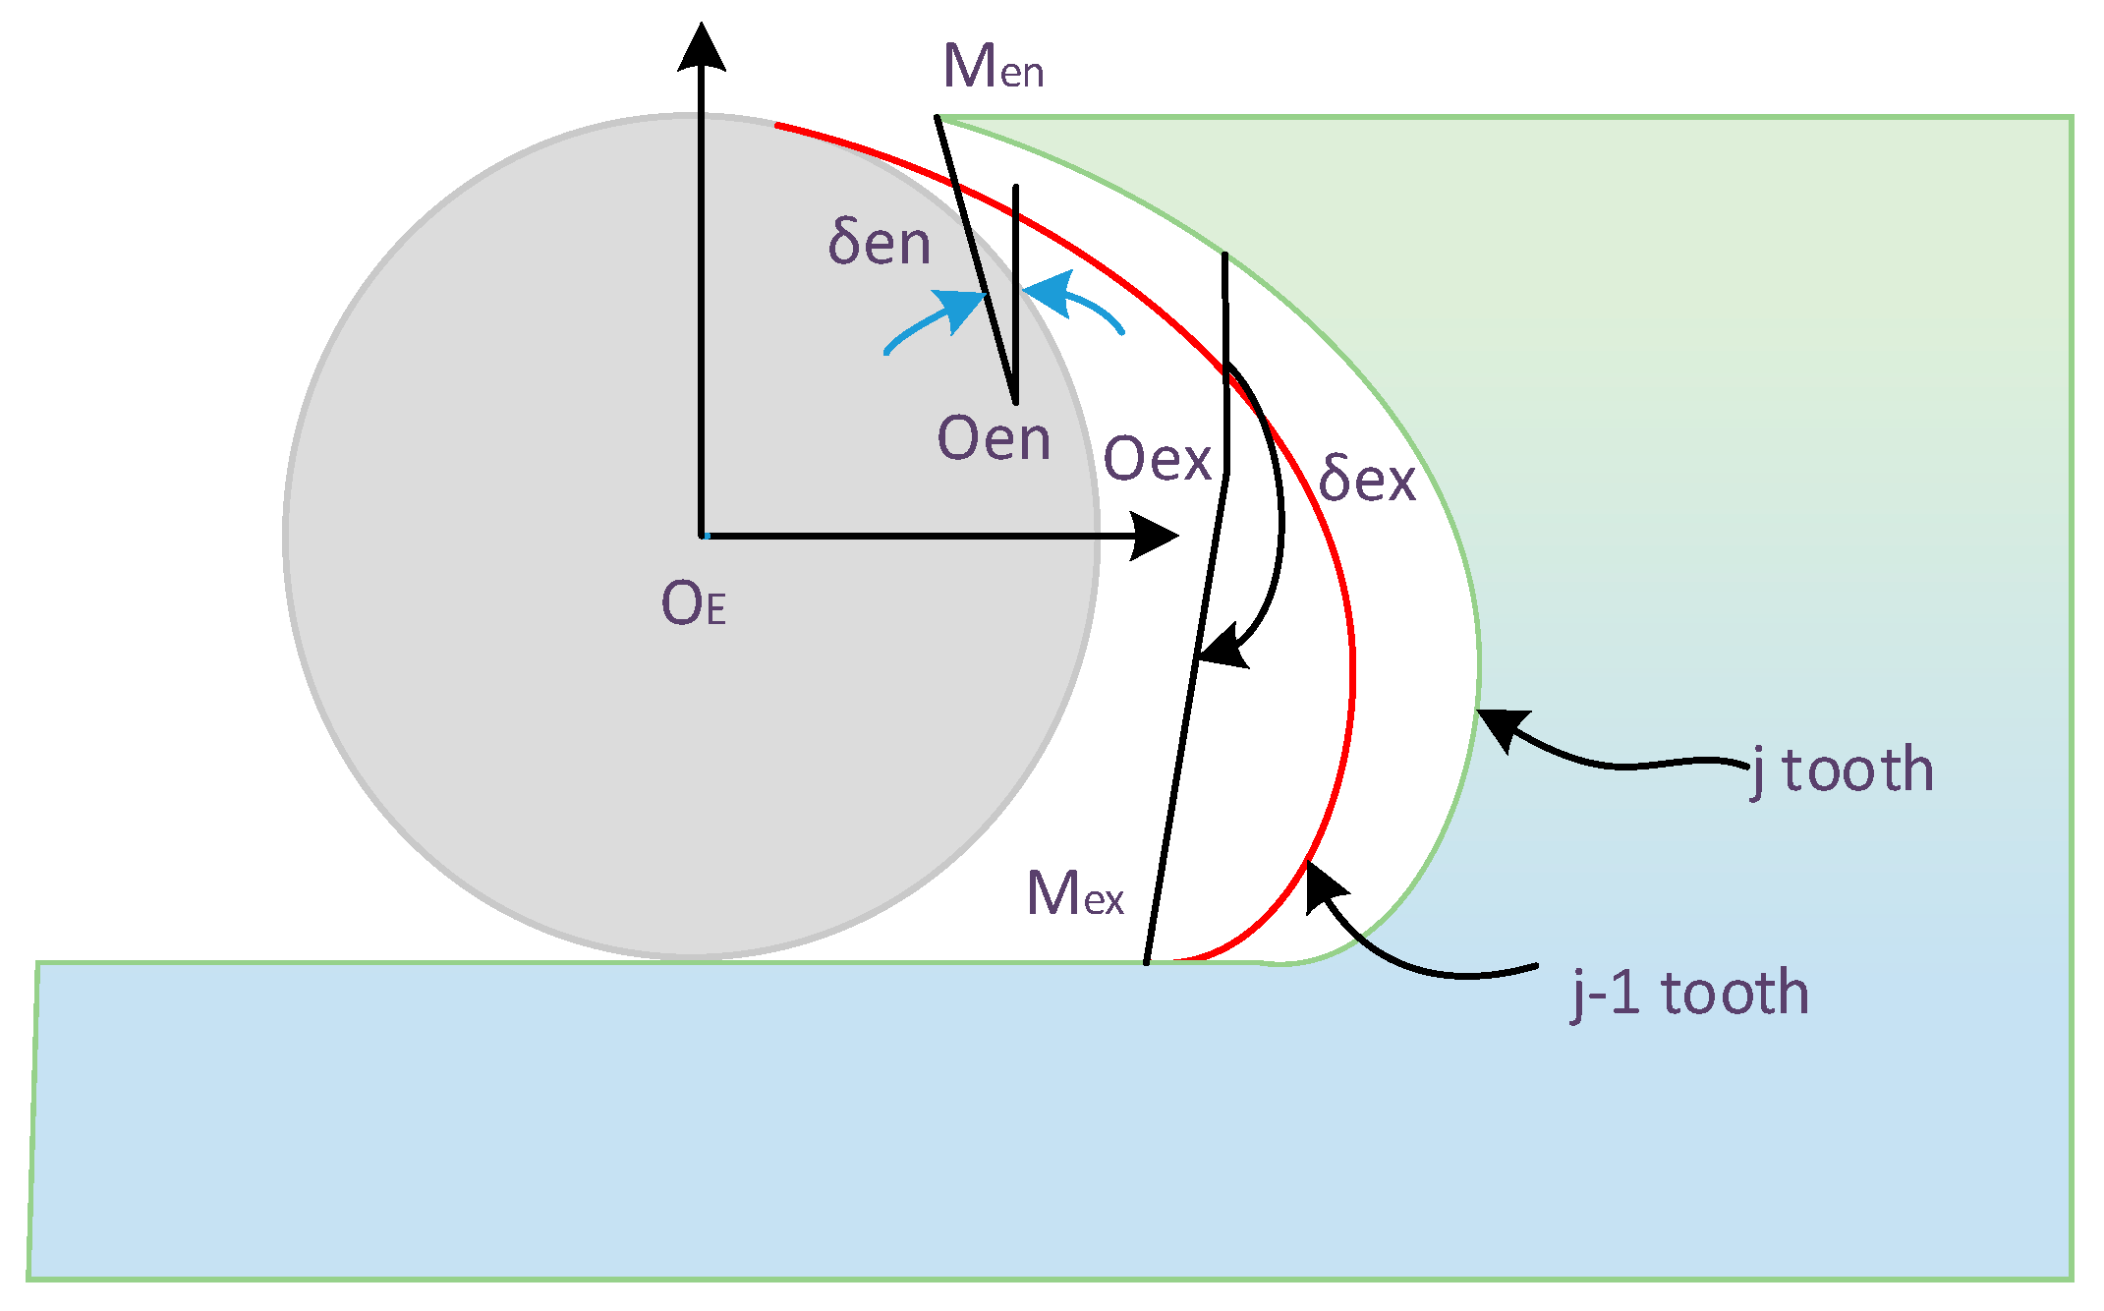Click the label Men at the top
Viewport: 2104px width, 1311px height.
point(993,67)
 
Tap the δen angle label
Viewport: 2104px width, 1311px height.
point(879,243)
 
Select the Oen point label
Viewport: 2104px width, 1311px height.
point(994,438)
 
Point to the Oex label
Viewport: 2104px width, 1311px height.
point(1157,459)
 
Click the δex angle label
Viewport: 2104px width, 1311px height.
point(1366,479)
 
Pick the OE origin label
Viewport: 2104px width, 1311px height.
point(694,603)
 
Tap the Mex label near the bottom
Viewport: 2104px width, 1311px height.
point(1074,893)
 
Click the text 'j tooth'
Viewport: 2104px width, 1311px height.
point(1843,770)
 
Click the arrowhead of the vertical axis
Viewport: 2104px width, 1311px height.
point(702,47)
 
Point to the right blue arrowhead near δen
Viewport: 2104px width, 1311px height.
point(1048,293)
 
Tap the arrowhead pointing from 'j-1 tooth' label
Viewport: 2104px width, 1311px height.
point(1323,884)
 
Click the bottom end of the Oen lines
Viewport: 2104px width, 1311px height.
point(1015,401)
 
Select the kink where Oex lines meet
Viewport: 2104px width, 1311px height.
point(1226,474)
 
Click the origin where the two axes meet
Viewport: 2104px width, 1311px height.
point(702,536)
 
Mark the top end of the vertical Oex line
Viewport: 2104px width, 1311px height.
point(1224,256)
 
